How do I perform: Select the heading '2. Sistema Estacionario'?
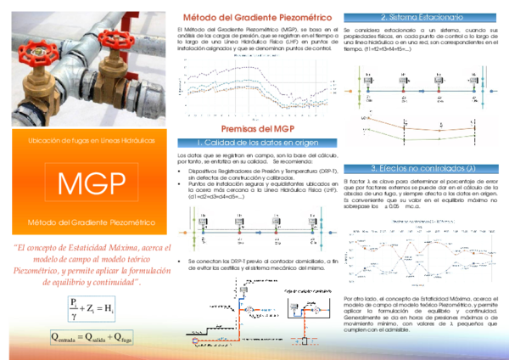tap(422, 17)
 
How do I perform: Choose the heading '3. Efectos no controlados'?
tap(422, 168)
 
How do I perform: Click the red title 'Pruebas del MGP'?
tap(257, 129)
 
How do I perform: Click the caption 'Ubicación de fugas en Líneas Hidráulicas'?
tap(92, 140)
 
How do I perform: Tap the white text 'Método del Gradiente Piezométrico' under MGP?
tap(92, 222)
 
